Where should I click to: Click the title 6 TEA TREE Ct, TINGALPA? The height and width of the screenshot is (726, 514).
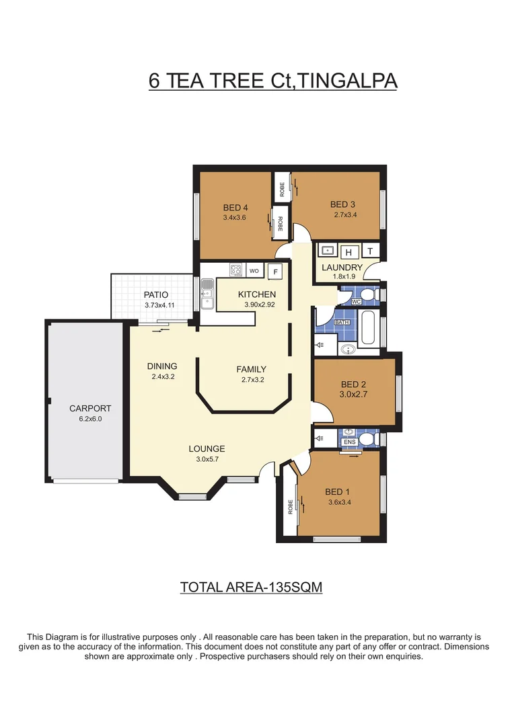point(273,81)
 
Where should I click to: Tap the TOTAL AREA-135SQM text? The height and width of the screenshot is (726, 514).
point(251,587)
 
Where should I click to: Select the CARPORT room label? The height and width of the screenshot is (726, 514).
point(90,408)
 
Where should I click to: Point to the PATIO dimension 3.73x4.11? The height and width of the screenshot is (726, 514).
point(159,305)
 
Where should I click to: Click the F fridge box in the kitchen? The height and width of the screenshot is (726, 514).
point(274,272)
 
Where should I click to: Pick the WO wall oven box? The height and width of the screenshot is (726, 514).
point(254,271)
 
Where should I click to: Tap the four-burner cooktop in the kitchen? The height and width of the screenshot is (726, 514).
point(236,270)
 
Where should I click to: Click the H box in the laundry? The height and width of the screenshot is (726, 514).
point(348,252)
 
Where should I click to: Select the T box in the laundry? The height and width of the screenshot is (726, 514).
point(370,251)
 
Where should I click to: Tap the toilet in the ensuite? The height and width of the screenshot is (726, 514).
point(367,439)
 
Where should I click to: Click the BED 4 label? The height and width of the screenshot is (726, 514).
point(235,207)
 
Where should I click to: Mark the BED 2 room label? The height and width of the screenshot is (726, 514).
point(353,385)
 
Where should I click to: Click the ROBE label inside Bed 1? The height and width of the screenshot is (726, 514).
point(290,506)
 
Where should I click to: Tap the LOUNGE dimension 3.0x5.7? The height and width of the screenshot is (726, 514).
point(207,460)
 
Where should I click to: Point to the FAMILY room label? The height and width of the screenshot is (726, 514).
point(251,369)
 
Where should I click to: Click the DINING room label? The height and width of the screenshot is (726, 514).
point(162,366)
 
